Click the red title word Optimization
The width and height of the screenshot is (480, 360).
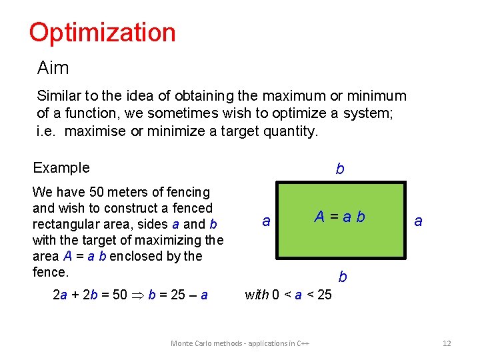pyautogui.click(x=102, y=32)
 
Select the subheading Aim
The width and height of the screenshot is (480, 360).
pyautogui.click(x=53, y=68)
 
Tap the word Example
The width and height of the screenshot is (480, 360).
pyautogui.click(x=61, y=167)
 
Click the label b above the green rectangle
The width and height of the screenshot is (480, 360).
pyautogui.click(x=340, y=169)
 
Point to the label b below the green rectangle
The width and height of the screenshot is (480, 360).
pyautogui.click(x=342, y=276)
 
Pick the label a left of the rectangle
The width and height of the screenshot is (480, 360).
pyautogui.click(x=266, y=221)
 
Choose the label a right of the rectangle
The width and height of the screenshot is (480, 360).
pyautogui.click(x=418, y=221)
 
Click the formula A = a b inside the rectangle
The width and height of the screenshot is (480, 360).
pyautogui.click(x=340, y=217)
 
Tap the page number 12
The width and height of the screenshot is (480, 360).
pyautogui.click(x=447, y=343)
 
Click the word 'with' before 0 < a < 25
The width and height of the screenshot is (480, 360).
pyautogui.click(x=257, y=294)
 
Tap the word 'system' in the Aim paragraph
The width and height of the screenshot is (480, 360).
pyautogui.click(x=367, y=113)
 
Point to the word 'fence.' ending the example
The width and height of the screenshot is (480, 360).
pyautogui.click(x=51, y=272)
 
